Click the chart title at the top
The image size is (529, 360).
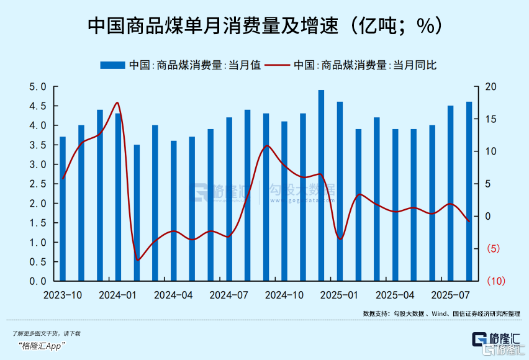pyautogui.click(x=264, y=25)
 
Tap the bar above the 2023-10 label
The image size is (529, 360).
pyautogui.click(x=62, y=209)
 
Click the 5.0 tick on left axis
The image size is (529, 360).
pyautogui.click(x=38, y=87)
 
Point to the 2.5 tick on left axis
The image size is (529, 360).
pyautogui.click(x=38, y=184)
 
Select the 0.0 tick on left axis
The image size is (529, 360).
pyautogui.click(x=38, y=281)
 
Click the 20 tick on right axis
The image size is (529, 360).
pyautogui.click(x=490, y=87)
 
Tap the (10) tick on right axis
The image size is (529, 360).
pyautogui.click(x=494, y=281)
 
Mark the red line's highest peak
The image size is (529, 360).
pyautogui.click(x=117, y=103)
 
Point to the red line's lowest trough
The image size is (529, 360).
pyautogui.click(x=137, y=259)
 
